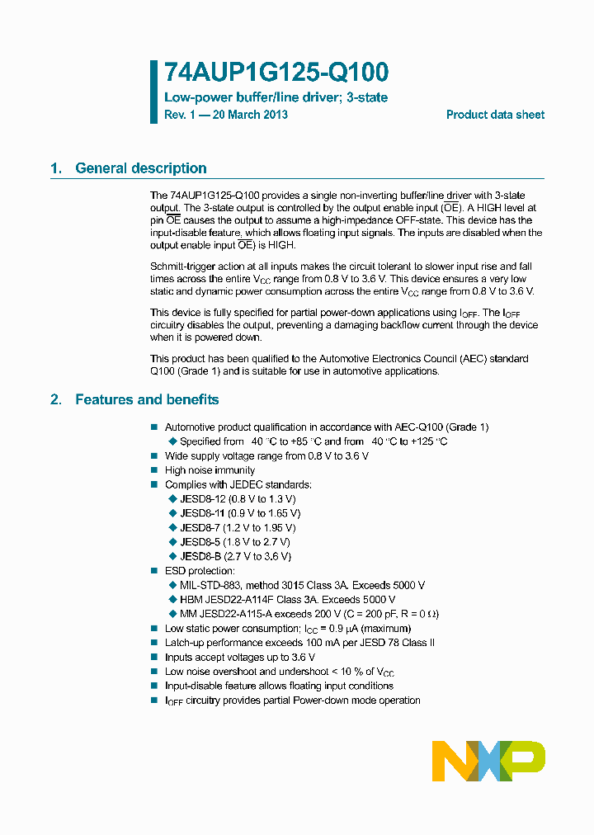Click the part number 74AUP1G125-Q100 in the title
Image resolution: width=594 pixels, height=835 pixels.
(276, 73)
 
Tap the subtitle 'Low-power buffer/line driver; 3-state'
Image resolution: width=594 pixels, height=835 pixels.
(276, 97)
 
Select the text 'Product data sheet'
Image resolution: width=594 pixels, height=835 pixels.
(495, 115)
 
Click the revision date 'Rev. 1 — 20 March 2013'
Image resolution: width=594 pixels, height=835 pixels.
(226, 115)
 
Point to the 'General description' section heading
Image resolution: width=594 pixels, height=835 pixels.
(140, 168)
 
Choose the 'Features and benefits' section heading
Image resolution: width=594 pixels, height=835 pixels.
(147, 399)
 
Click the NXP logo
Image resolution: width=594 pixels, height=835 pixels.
(488, 761)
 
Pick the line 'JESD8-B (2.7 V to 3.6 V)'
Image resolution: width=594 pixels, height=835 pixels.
(235, 556)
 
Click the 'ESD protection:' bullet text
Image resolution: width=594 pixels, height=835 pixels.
(200, 571)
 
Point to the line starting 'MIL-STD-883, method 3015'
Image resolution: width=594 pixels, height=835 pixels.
(302, 585)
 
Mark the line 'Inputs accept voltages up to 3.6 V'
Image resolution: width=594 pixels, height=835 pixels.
(240, 658)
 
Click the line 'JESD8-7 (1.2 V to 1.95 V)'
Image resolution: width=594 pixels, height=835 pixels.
(238, 527)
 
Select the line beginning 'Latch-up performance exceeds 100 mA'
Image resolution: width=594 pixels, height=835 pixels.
(299, 643)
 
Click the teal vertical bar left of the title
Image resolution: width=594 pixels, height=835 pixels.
(153, 92)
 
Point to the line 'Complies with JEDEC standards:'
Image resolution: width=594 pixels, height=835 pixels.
(238, 484)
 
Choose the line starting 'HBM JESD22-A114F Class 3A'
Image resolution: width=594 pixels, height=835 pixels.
(287, 599)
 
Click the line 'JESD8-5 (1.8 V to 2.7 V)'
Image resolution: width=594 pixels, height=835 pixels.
(234, 542)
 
